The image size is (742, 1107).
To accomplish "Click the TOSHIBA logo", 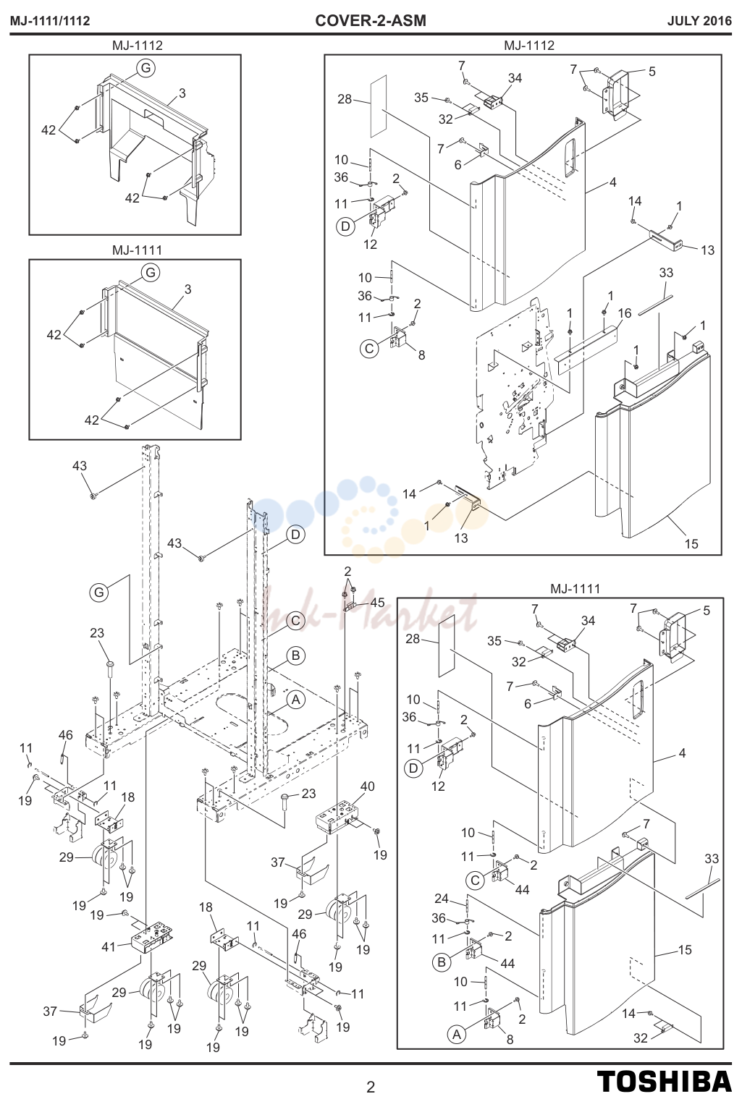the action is (x=665, y=1081).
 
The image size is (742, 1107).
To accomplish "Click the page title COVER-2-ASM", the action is (x=371, y=21).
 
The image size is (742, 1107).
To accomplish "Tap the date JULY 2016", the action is (x=699, y=21).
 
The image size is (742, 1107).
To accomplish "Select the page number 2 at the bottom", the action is (x=370, y=1087).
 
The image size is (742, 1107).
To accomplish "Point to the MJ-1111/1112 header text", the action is (x=50, y=21).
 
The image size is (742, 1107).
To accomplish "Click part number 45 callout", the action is (x=377, y=603).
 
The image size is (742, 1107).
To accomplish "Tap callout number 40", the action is (x=367, y=786).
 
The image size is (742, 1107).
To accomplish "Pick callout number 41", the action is (x=109, y=946).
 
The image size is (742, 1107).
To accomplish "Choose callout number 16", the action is (x=625, y=313).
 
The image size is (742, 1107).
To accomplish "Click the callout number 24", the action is (x=442, y=898).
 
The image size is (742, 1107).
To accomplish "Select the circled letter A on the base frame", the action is (x=295, y=700).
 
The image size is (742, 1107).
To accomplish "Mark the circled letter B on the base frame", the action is (x=295, y=656).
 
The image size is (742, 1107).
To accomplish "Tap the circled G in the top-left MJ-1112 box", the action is (x=146, y=68).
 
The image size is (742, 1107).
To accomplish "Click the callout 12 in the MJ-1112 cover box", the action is (x=370, y=244).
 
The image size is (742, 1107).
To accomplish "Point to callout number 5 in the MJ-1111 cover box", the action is (x=707, y=611).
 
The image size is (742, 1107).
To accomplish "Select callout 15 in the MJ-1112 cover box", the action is (x=691, y=543).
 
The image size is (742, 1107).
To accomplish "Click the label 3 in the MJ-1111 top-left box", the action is (x=187, y=289).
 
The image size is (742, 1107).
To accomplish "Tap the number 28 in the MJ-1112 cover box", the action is (x=345, y=99).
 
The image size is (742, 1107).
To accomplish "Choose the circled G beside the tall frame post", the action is (x=99, y=592).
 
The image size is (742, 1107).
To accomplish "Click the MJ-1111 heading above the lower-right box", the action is (x=575, y=588).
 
